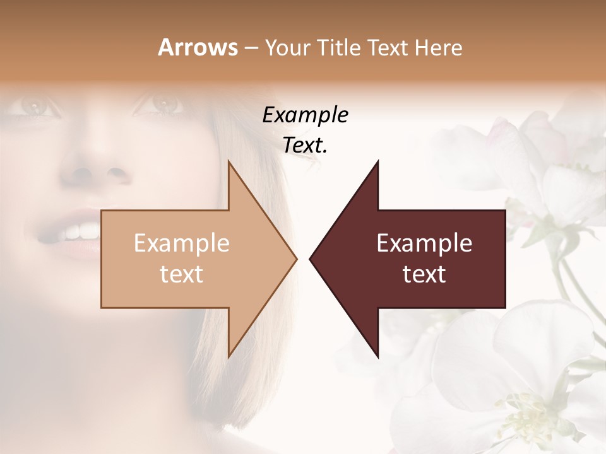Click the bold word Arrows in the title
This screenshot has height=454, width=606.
[x=198, y=47]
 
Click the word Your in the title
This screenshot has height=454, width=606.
[x=288, y=47]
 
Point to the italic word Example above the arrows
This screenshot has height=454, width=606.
[x=305, y=115]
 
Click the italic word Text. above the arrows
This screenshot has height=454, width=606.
[x=305, y=146]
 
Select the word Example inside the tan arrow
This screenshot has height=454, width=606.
[x=182, y=243]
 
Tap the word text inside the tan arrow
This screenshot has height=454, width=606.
[x=182, y=274]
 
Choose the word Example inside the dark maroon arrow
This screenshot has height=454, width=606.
[x=424, y=243]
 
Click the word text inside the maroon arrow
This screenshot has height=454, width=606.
[x=424, y=274]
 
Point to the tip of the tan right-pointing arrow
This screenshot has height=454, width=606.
[x=296, y=259]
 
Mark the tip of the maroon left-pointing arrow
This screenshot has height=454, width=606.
[x=310, y=259]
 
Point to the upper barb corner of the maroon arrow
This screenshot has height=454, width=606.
[x=378, y=161]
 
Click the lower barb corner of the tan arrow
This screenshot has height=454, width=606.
[x=229, y=357]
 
